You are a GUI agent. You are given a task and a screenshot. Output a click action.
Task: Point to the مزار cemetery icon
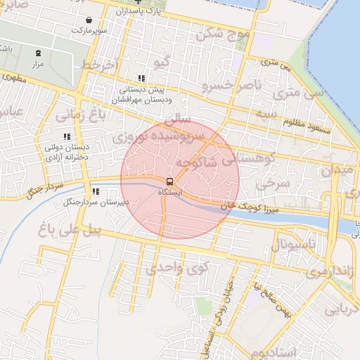[x=38, y=53]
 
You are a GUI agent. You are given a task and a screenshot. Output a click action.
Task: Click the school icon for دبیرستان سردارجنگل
[x=95, y=191]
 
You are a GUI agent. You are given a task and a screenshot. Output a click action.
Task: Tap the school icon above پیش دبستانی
[x=141, y=79]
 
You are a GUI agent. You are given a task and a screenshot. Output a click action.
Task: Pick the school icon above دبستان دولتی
[x=67, y=136]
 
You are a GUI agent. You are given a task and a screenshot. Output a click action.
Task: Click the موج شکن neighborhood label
[x=224, y=34]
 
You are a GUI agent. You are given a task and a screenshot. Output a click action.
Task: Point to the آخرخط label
[x=97, y=65]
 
